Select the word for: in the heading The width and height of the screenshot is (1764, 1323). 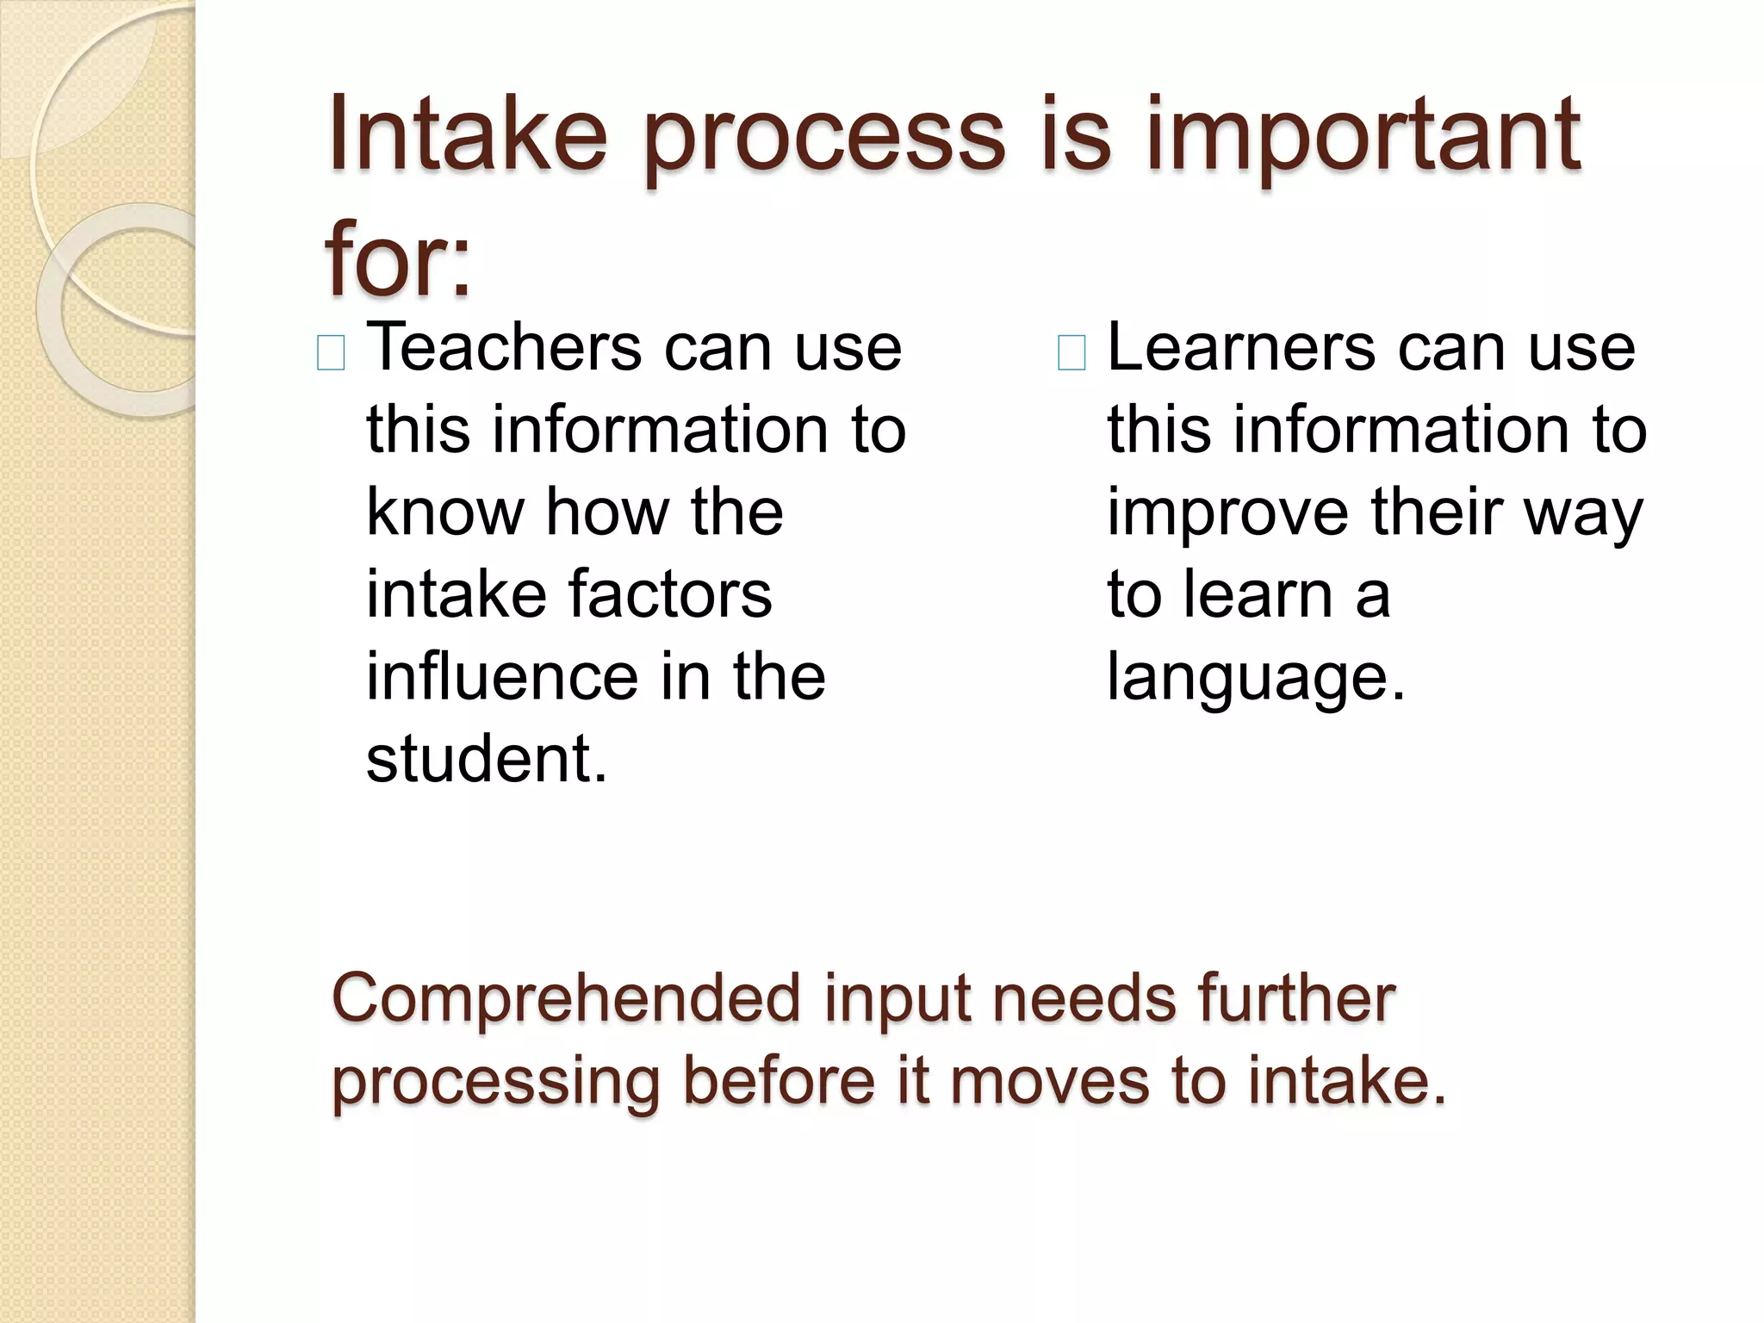tap(398, 258)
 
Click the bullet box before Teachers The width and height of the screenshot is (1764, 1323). tap(332, 353)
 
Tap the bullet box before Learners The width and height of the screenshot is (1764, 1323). tap(1071, 353)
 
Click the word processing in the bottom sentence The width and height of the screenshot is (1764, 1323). tap(496, 1083)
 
